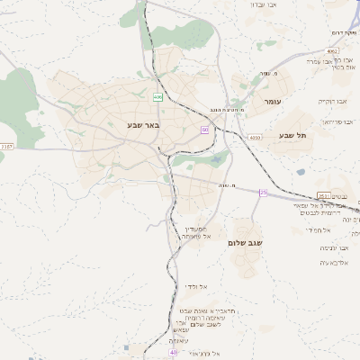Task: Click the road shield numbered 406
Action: point(157,96)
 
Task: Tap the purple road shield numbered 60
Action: point(205,130)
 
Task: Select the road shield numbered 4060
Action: point(256,138)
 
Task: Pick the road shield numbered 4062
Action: point(333,52)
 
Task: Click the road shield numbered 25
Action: point(264,193)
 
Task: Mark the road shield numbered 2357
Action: point(7,146)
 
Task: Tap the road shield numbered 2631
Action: point(324,195)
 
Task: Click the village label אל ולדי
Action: point(197,285)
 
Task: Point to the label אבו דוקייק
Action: point(335,101)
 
